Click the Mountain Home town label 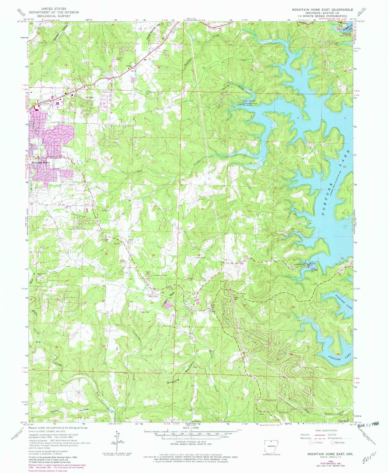(41, 163)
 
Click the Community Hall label (160, 275)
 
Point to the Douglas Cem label (200, 257)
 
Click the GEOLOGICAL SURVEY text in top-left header (54, 16)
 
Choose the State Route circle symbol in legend (333, 442)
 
